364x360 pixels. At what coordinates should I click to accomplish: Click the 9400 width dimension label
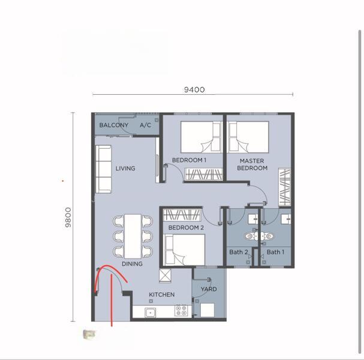pos(194,90)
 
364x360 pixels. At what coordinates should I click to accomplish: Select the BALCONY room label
pos(114,125)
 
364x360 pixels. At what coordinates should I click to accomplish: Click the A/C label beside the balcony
pos(145,125)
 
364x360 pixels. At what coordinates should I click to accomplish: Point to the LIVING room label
pos(125,169)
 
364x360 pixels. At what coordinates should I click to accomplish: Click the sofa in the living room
pos(104,169)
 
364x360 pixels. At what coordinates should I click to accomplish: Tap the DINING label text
pos(132,264)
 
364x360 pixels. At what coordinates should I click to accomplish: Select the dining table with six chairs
pos(133,236)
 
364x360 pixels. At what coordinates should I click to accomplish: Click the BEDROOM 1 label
pos(189,160)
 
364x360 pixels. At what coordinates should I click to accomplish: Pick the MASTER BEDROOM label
pos(252,164)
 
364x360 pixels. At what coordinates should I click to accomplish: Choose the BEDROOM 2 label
pos(186,228)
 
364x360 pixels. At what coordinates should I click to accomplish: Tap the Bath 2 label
pos(238,252)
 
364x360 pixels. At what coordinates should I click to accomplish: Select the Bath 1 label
pos(275,252)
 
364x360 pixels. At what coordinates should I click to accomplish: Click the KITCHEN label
pos(162,295)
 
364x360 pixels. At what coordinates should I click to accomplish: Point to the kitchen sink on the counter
pos(151,311)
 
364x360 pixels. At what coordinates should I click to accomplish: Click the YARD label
pos(209,289)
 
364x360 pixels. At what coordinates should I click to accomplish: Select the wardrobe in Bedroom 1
pos(204,175)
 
